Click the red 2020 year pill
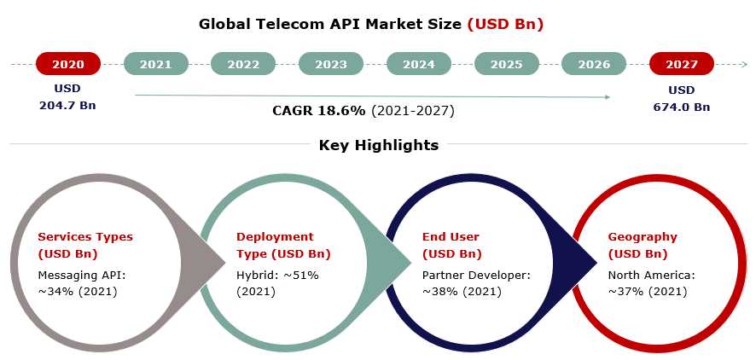(x=68, y=64)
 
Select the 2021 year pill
(x=156, y=64)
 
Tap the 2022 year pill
(x=243, y=64)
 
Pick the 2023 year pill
(x=331, y=64)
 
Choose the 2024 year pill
(x=418, y=64)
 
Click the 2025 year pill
(x=506, y=64)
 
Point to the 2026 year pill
(x=594, y=64)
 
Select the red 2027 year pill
(x=681, y=64)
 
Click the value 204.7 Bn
(x=67, y=105)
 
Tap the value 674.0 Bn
(x=681, y=107)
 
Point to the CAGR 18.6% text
(x=318, y=111)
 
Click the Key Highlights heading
(x=379, y=144)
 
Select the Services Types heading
(x=85, y=236)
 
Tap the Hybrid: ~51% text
(x=277, y=276)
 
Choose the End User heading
(x=451, y=236)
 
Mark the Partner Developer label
(x=476, y=276)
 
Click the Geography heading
(x=643, y=236)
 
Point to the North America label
(x=651, y=276)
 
